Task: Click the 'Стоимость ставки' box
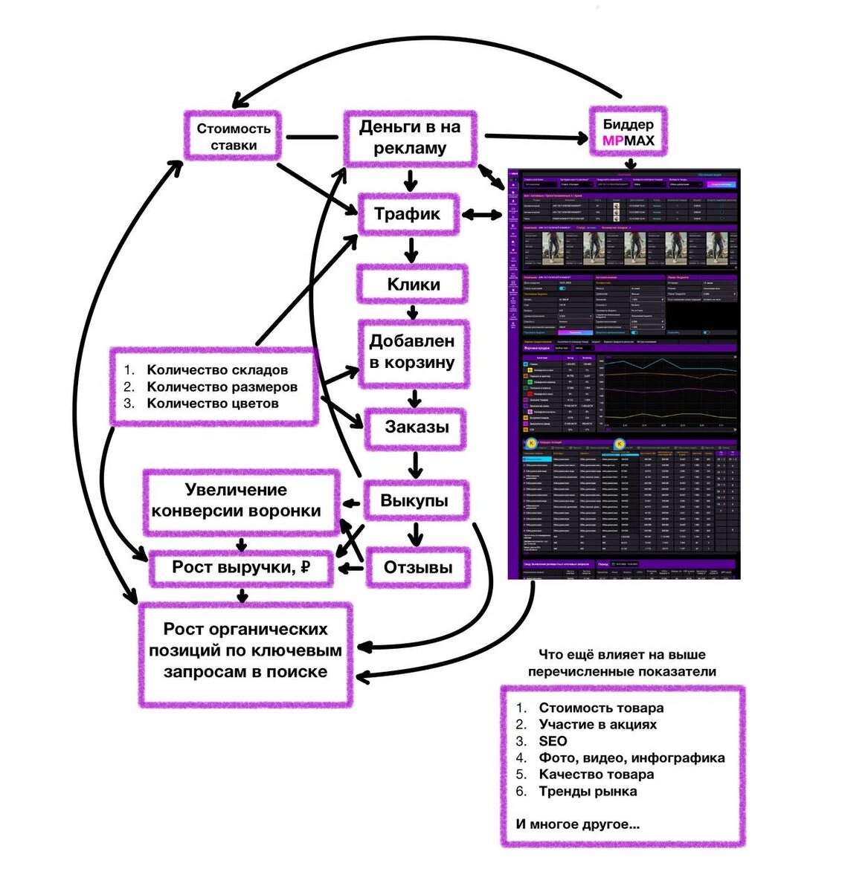click(x=233, y=137)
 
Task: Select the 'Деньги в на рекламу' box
click(x=410, y=138)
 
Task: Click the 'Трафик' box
click(x=407, y=214)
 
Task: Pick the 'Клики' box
click(x=413, y=284)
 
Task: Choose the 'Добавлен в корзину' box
click(x=413, y=352)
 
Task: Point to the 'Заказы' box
click(x=416, y=427)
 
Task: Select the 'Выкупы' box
click(x=414, y=500)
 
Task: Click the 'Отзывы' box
click(x=417, y=568)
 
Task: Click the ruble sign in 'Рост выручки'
click(x=304, y=567)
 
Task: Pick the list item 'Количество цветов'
click(x=213, y=403)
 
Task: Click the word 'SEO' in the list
click(x=553, y=741)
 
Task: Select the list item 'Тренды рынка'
click(x=588, y=791)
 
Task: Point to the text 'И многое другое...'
click(x=577, y=824)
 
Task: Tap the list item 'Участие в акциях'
click(x=598, y=724)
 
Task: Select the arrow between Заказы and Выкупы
click(x=415, y=464)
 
